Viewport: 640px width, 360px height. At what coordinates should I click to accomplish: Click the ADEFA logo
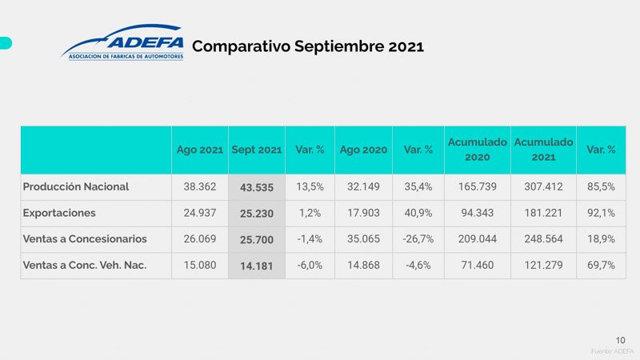[122, 43]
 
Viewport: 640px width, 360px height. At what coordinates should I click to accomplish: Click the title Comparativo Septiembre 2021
[307, 46]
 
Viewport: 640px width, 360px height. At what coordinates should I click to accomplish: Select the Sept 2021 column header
[256, 150]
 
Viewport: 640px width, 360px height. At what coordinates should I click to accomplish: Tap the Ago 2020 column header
[363, 150]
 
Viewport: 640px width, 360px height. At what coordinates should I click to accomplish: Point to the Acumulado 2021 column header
[543, 150]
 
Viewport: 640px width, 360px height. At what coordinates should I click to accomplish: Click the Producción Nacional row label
[76, 186]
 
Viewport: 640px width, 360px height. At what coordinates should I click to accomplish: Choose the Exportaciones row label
[59, 213]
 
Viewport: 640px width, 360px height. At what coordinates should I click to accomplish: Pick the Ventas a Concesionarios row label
[85, 239]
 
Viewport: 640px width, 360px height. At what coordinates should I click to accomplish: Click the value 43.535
[256, 187]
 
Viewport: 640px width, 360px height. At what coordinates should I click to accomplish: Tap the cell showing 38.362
[200, 186]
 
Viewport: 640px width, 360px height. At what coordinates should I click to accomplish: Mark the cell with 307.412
[543, 186]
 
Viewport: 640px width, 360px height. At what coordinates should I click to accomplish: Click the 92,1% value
[601, 213]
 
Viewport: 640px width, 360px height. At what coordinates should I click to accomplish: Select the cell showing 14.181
[256, 266]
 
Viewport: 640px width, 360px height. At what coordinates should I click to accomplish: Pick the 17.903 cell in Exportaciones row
[363, 213]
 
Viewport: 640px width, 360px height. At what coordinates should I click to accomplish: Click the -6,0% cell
[310, 266]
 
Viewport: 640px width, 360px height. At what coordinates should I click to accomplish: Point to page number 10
[620, 338]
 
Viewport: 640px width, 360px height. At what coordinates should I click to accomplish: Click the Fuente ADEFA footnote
[612, 351]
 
